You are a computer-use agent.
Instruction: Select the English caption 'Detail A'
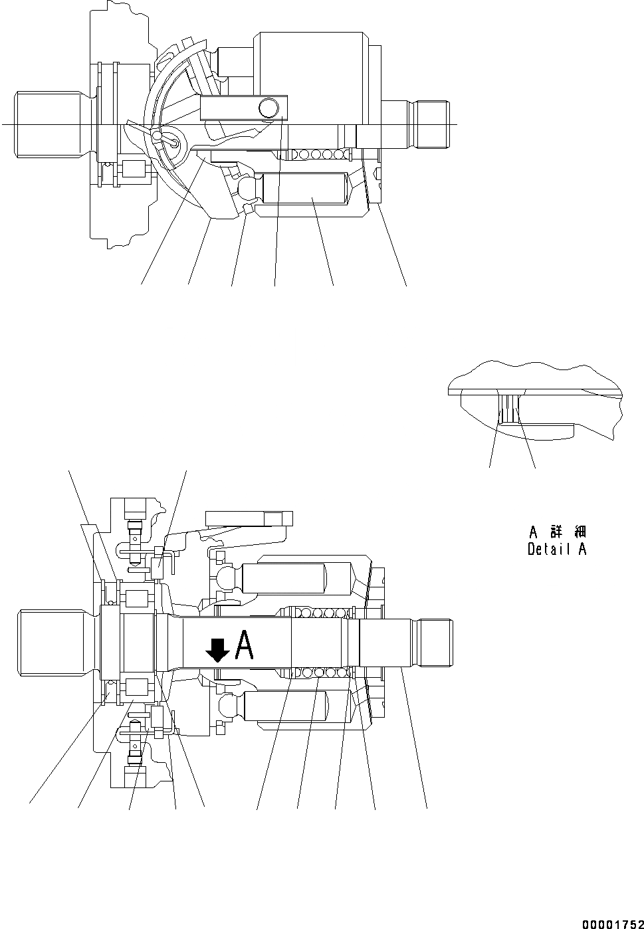coord(557,550)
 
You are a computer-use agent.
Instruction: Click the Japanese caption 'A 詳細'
coord(557,532)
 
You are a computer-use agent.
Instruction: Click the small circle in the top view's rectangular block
coord(268,106)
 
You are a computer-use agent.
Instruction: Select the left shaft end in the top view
coord(50,125)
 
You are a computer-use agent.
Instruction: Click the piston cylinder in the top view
coord(304,188)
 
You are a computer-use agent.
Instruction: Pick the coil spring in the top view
coord(312,155)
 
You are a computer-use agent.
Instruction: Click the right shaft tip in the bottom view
coord(435,642)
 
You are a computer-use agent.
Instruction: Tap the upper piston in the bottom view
coord(296,577)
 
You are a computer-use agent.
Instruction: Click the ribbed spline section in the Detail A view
coord(510,409)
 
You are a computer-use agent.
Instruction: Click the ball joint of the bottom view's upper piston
coord(226,575)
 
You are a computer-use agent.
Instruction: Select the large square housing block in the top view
coord(311,63)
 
